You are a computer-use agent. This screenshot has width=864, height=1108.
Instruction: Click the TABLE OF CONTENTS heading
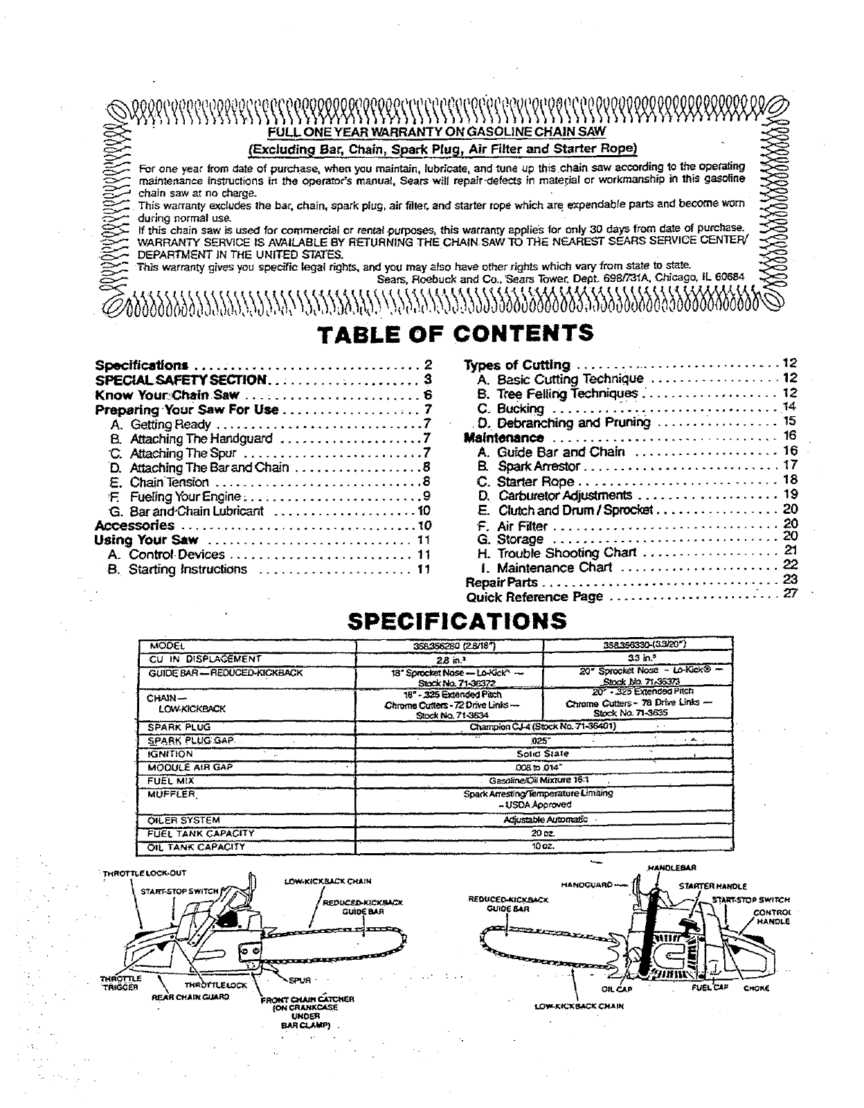[x=455, y=333]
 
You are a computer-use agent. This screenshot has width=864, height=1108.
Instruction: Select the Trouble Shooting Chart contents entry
[x=566, y=553]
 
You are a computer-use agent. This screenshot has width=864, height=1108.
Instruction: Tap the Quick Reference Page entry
[x=534, y=597]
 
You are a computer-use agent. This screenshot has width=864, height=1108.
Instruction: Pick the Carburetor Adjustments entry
[x=564, y=495]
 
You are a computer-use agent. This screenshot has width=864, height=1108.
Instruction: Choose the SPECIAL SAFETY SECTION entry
[x=180, y=379]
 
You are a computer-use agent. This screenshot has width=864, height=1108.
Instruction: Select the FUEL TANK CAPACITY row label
[x=201, y=833]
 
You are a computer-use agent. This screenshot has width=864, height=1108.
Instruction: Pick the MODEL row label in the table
[x=165, y=645]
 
